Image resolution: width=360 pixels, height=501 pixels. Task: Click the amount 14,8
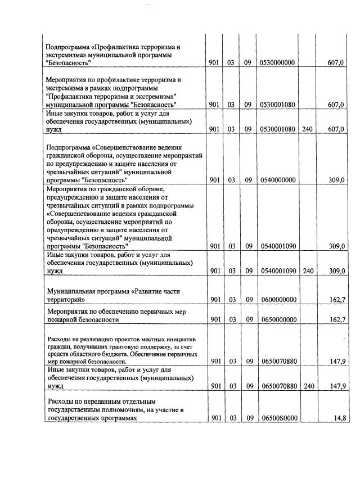coord(337,418)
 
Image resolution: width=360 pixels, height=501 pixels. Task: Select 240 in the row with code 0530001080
coord(307,129)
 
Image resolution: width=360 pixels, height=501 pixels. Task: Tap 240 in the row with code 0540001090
coord(307,270)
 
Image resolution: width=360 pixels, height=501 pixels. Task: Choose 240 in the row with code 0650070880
coord(307,387)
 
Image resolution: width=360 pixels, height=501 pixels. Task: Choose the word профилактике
coord(112,80)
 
